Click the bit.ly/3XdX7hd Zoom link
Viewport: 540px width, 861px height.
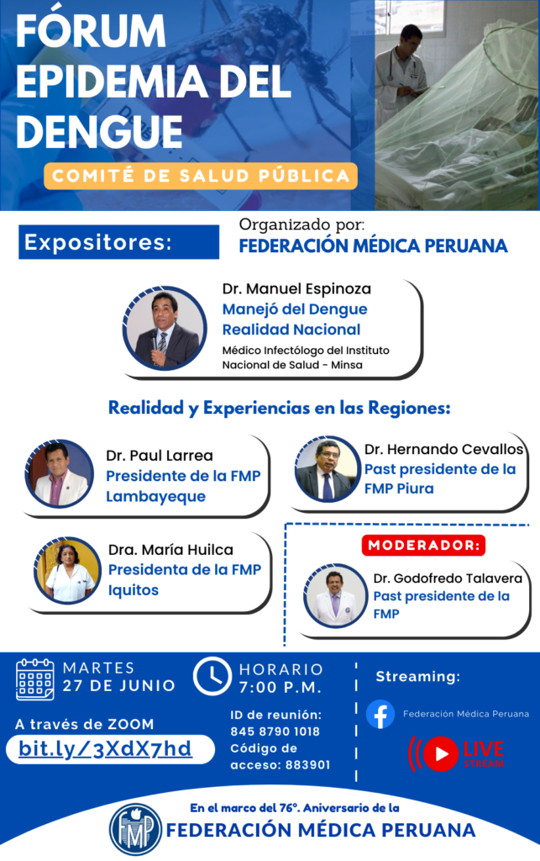(x=105, y=748)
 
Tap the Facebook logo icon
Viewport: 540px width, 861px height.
(x=380, y=714)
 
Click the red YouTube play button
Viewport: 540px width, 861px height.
(x=440, y=754)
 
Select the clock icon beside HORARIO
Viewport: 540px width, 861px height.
(x=212, y=676)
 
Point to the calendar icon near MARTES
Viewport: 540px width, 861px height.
(x=35, y=679)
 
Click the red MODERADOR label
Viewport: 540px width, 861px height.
(x=423, y=545)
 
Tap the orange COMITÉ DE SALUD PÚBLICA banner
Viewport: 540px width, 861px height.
(x=201, y=176)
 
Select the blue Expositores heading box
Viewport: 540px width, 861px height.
(x=119, y=241)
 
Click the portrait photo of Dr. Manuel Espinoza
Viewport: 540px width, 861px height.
(x=164, y=329)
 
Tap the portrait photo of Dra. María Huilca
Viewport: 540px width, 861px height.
(x=67, y=570)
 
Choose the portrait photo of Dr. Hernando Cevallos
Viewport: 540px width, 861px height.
(x=328, y=468)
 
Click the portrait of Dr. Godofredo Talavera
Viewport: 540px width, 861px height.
(x=335, y=595)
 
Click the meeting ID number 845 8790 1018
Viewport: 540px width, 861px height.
(x=275, y=732)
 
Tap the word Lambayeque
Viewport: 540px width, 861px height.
(x=155, y=497)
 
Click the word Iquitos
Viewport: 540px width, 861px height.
(x=134, y=590)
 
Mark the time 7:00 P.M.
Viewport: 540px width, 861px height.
(x=280, y=688)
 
